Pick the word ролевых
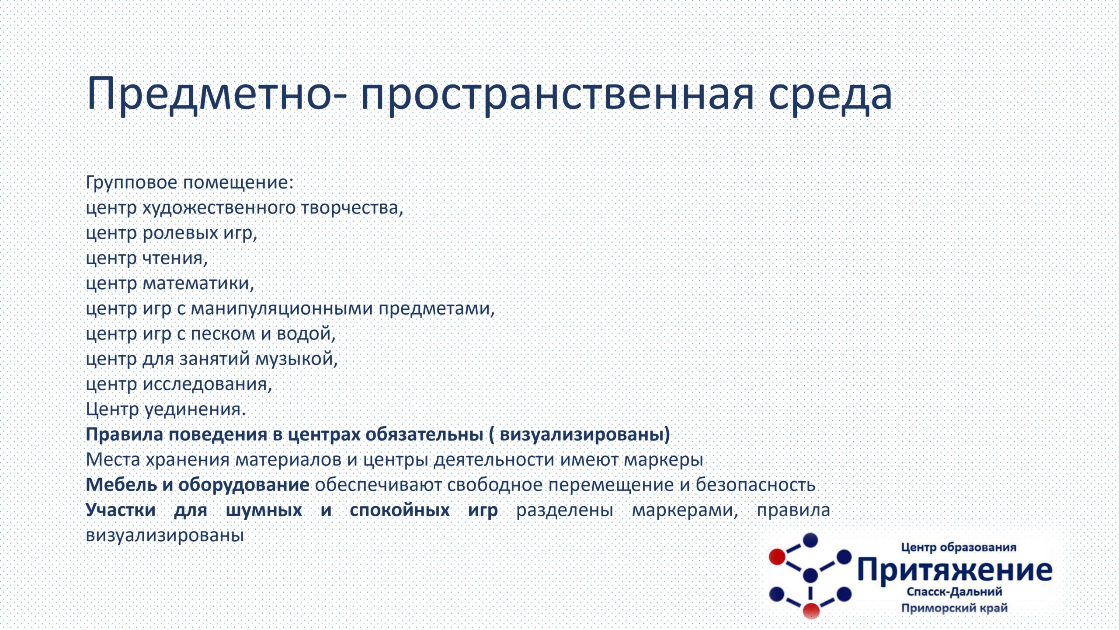181,233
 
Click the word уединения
195,410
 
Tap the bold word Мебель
122,485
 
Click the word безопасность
755,485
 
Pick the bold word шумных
264,511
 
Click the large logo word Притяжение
955,570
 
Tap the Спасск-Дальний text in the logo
954,592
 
